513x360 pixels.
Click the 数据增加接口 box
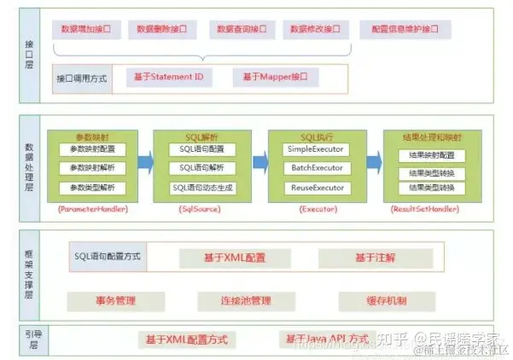(x=87, y=30)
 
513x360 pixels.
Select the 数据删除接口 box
(x=162, y=30)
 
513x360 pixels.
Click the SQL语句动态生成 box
(x=203, y=188)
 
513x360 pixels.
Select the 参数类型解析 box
(x=92, y=188)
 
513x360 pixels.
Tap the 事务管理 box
(x=114, y=301)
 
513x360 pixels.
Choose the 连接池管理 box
(x=246, y=301)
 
